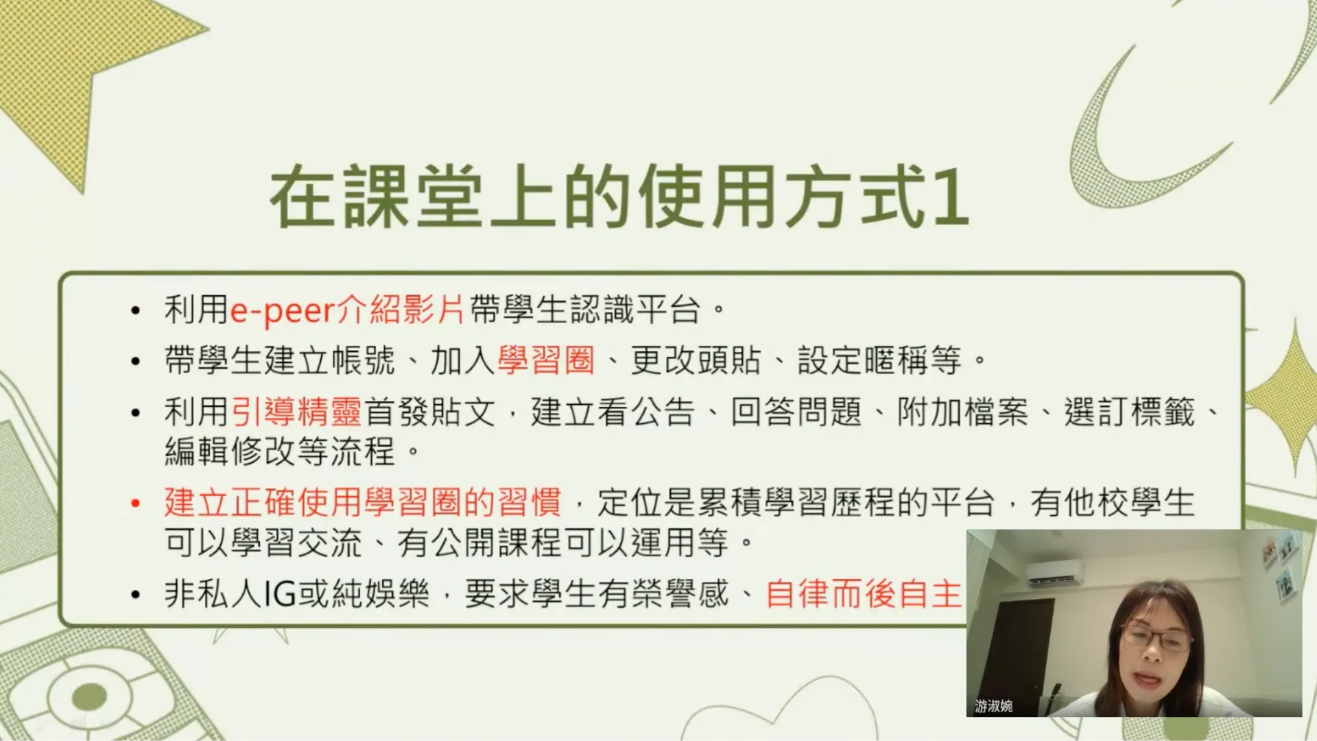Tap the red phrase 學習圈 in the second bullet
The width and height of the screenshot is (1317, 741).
[546, 360]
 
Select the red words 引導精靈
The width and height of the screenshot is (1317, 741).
[296, 412]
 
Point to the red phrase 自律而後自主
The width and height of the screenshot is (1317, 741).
[864, 593]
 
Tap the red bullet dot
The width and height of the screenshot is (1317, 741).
[136, 504]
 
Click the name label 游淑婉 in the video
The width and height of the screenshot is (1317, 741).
[994, 706]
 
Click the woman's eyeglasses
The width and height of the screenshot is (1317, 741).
[1156, 639]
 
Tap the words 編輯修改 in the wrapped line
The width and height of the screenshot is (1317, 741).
[230, 451]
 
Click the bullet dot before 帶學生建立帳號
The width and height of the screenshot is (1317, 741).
[136, 362]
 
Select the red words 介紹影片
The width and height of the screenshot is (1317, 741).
[401, 310]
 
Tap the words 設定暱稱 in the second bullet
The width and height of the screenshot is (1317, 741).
[864, 360]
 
